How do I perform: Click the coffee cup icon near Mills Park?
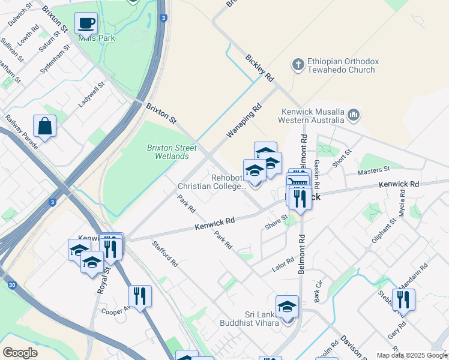pos(86,23)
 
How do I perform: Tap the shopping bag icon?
pos(44,126)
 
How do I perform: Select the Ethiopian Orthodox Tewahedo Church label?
pos(340,65)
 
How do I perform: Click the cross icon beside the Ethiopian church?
pos(297,64)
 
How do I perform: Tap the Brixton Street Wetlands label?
pos(168,152)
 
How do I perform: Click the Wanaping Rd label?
pos(244,121)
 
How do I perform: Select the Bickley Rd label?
pos(259,68)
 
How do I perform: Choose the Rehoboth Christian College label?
pos(212,182)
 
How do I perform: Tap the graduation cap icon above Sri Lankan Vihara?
pos(287,307)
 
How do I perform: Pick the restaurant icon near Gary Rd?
pos(403,300)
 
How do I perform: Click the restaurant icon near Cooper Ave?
pos(139,296)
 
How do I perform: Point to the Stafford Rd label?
pos(165,254)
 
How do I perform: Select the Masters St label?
pos(373,171)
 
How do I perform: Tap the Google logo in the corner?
pos(20,353)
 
